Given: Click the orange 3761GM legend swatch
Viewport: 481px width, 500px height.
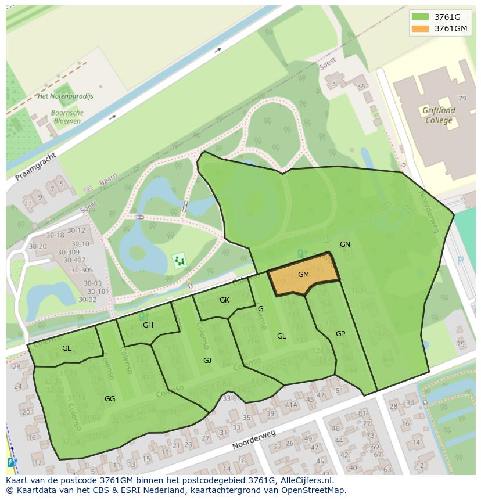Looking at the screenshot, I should (420, 28).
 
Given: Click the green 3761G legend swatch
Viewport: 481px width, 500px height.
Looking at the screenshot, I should (420, 16).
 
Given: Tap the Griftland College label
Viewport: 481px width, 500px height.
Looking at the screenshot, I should (439, 116).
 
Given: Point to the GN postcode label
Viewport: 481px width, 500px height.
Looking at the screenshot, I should (345, 244).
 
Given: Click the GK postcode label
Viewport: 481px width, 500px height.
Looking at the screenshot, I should (224, 300).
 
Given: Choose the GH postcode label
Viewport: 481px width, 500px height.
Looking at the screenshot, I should (148, 325).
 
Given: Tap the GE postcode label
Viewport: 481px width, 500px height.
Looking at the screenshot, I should (67, 348).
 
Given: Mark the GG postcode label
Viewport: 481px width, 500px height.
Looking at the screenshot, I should (110, 399).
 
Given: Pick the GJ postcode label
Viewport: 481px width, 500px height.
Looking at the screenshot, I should (207, 361).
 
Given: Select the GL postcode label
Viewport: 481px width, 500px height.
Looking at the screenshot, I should (282, 336).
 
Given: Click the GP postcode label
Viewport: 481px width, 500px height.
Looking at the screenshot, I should (340, 334).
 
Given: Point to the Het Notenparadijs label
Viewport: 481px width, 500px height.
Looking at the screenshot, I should (65, 96).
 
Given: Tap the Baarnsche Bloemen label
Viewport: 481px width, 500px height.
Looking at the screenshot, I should (67, 117).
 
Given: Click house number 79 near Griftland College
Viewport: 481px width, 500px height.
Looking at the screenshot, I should (462, 99).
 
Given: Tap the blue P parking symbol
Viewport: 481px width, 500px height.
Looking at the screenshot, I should (461, 261).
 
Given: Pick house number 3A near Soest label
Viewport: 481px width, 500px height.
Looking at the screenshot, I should (362, 86).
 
